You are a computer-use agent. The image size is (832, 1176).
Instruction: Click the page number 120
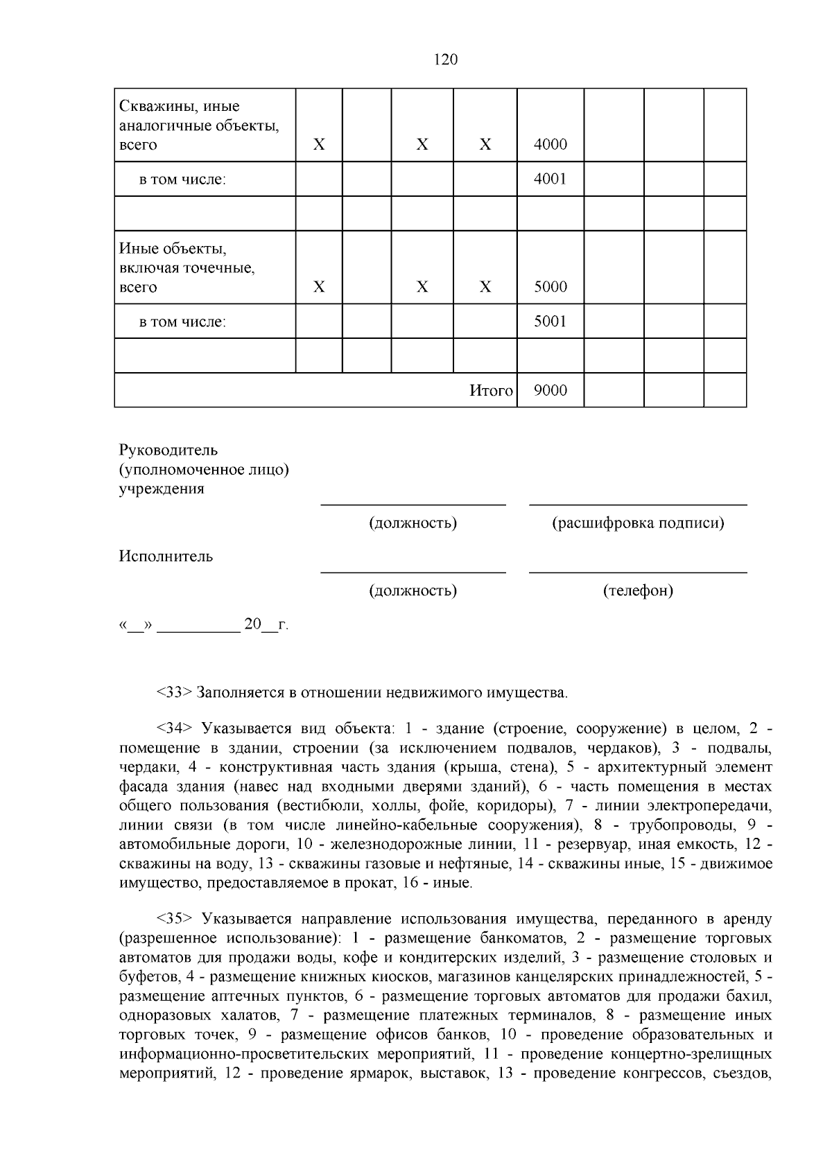[x=445, y=60]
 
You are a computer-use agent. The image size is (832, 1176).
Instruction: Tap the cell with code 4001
[x=551, y=179]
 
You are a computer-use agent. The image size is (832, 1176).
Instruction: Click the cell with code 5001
[x=551, y=322]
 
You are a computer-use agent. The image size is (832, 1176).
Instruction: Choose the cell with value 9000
[x=551, y=391]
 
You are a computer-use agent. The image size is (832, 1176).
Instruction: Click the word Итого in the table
[x=491, y=391]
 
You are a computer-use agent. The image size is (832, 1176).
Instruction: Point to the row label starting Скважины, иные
[x=199, y=125]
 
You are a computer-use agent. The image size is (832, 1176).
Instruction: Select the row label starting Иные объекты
[x=187, y=267]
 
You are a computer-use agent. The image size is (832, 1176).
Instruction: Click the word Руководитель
[x=168, y=450]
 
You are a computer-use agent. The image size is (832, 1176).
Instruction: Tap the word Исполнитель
[x=166, y=556]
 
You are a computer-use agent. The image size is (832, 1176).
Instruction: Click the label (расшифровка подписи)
[x=638, y=523]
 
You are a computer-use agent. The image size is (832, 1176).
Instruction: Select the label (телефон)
[x=638, y=591]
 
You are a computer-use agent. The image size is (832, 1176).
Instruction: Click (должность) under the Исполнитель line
[x=413, y=591]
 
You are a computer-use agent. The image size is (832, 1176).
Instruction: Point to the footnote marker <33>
[x=174, y=692]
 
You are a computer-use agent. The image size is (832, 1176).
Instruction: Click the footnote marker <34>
[x=174, y=728]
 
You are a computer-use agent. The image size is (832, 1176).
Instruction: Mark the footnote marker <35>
[x=174, y=919]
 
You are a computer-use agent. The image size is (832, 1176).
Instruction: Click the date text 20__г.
[x=266, y=625]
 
